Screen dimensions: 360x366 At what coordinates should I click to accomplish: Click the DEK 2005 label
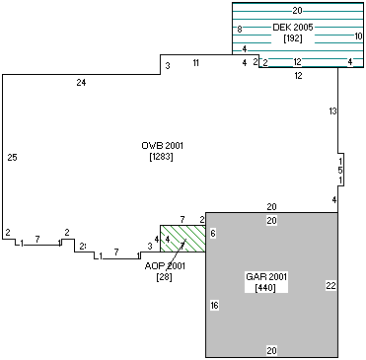pos(293,27)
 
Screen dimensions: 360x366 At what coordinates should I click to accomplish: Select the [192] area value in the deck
pos(293,38)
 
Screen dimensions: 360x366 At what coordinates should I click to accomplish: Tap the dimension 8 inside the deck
pos(240,31)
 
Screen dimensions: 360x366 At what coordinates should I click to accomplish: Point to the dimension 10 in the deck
pos(357,36)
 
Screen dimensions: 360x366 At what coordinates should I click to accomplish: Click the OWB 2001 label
pos(163,146)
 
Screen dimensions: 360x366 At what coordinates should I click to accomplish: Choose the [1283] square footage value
pos(163,158)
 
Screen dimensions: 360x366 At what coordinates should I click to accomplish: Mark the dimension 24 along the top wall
pos(81,83)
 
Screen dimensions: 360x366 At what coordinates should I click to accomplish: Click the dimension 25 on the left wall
pos(12,158)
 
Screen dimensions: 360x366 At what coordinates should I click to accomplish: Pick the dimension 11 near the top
pos(196,63)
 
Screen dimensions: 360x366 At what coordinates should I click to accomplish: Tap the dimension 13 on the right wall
pos(332,111)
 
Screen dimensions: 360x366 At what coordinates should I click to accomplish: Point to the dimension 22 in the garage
pos(330,285)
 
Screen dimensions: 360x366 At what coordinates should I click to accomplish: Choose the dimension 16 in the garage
pos(214,307)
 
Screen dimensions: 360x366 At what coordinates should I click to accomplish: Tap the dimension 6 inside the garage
pos(213,232)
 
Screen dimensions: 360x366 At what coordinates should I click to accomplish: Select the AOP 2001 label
pos(165,266)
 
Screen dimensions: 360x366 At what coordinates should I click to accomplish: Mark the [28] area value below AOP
pos(165,278)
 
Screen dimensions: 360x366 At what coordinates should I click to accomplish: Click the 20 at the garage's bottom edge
pos(271,350)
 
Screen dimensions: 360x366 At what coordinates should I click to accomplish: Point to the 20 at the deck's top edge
pos(298,10)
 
